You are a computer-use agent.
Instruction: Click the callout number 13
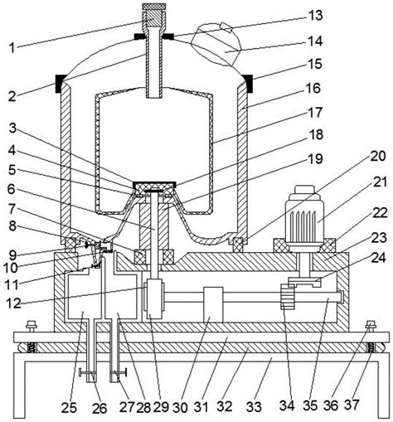[x=315, y=16]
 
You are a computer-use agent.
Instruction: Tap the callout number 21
[x=380, y=182]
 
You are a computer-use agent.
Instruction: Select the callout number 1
[x=12, y=48]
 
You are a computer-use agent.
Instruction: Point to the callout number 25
[x=69, y=408]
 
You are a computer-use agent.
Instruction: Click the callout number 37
[x=352, y=405]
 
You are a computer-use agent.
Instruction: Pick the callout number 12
[x=13, y=303]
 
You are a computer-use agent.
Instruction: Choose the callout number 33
[x=254, y=407]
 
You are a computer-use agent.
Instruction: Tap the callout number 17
[x=315, y=113]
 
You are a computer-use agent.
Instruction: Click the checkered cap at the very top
[x=154, y=6]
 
